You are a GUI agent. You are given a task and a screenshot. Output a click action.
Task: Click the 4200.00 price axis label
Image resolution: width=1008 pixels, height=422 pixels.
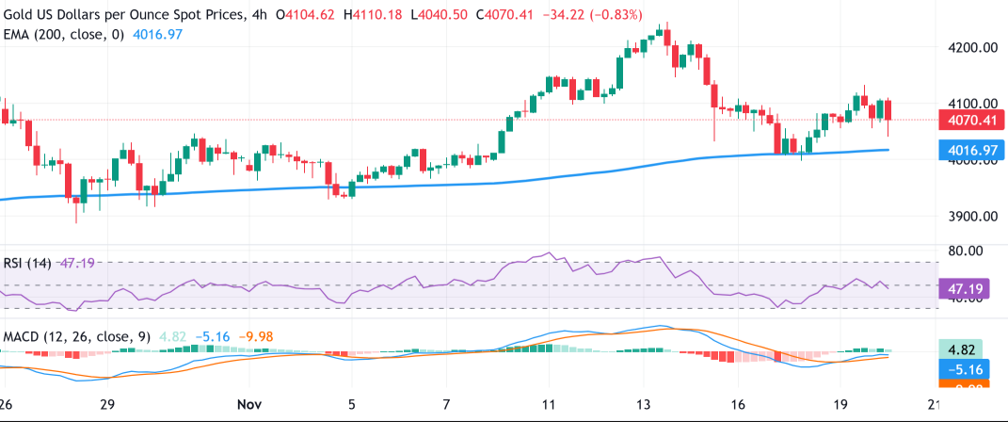pyautogui.click(x=971, y=47)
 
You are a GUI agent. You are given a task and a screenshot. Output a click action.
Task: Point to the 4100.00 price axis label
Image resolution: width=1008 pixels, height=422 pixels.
pyautogui.click(x=971, y=104)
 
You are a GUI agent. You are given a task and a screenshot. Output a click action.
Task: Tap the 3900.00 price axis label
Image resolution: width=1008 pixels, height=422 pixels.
pyautogui.click(x=971, y=217)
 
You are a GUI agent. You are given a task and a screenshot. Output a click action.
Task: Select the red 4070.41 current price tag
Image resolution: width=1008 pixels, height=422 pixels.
pyautogui.click(x=971, y=121)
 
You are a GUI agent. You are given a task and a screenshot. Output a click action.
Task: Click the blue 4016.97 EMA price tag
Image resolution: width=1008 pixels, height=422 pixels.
pyautogui.click(x=971, y=149)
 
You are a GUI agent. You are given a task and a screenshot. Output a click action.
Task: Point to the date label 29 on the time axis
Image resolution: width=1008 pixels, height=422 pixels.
pyautogui.click(x=106, y=403)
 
